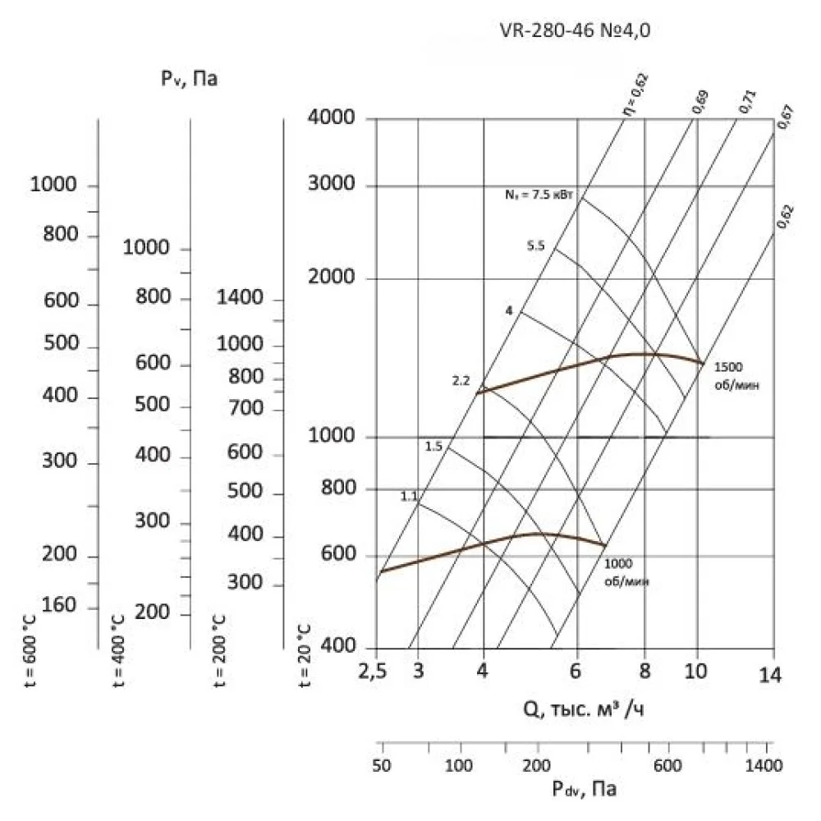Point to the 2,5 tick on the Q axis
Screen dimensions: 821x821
coord(373,674)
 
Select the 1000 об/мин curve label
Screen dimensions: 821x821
coord(626,572)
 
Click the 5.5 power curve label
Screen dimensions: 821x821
coord(536,245)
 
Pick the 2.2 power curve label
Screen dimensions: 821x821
coord(461,381)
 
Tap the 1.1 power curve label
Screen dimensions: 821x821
coord(410,496)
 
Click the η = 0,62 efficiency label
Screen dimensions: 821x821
coord(633,97)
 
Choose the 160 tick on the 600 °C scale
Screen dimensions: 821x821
coord(58,606)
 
